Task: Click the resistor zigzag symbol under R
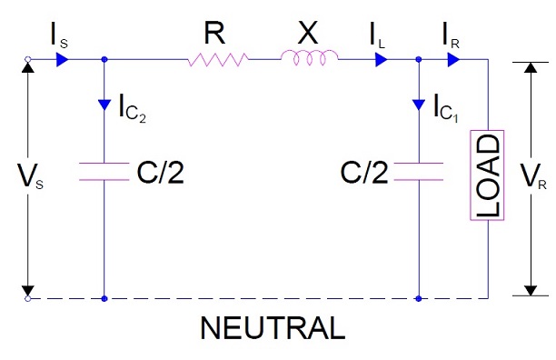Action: coord(218,60)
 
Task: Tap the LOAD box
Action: coord(487,176)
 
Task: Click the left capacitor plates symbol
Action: coord(105,172)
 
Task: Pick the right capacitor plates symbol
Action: coord(419,172)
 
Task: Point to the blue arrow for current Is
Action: coord(62,60)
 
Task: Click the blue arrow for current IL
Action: coord(381,60)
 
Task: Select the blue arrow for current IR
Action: coord(453,60)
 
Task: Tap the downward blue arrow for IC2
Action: coord(105,104)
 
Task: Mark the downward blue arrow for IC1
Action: coord(419,104)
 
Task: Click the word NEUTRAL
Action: coord(273,328)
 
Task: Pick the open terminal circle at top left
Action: coord(28,60)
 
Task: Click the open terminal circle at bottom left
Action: coord(28,297)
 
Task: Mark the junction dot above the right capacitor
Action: coord(419,60)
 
